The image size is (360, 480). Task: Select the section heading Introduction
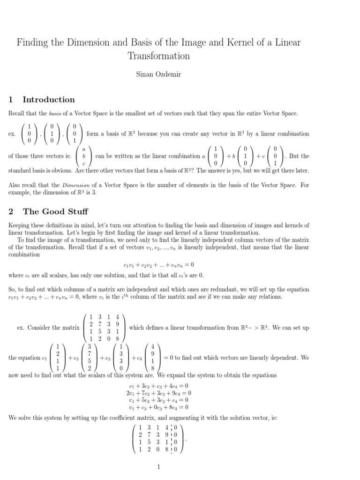(49, 99)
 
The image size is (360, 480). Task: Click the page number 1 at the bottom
(159, 467)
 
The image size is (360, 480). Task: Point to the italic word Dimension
(62, 185)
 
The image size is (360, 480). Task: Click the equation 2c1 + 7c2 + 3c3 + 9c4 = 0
(159, 393)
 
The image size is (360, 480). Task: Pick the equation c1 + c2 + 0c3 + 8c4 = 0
(159, 407)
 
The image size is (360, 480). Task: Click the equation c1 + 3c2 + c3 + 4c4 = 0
(159, 386)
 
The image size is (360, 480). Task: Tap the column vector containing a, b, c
(84, 156)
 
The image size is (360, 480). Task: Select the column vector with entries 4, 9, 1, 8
(152, 358)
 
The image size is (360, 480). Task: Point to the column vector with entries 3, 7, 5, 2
(89, 358)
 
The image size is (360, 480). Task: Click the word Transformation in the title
(159, 56)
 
